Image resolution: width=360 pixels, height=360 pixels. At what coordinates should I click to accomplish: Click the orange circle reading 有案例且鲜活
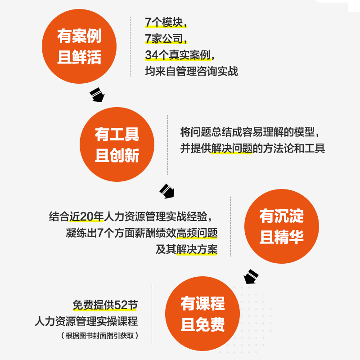[79, 47]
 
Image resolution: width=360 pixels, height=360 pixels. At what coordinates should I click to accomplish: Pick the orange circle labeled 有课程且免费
[202, 314]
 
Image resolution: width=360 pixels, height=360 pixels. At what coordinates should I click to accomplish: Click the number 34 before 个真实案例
[151, 55]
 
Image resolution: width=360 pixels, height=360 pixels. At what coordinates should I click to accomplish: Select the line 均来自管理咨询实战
[191, 71]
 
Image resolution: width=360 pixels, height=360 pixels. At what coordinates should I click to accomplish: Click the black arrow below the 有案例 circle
[97, 94]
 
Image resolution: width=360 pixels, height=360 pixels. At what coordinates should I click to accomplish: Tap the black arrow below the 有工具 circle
[166, 190]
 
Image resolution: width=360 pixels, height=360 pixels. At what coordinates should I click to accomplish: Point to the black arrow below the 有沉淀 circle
[251, 276]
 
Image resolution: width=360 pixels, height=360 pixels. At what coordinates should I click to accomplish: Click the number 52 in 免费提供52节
[121, 305]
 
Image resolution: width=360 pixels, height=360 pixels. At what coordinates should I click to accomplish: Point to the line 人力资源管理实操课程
[86, 321]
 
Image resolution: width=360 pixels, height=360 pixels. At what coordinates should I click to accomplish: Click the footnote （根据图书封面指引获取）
[99, 336]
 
